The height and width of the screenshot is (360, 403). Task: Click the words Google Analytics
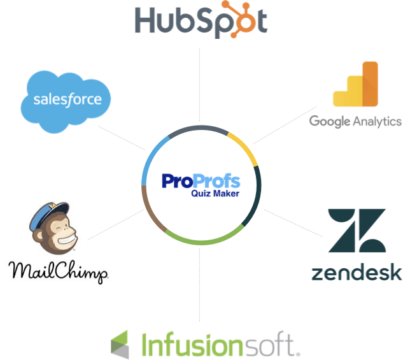click(355, 121)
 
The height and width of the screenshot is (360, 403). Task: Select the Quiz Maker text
click(216, 194)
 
